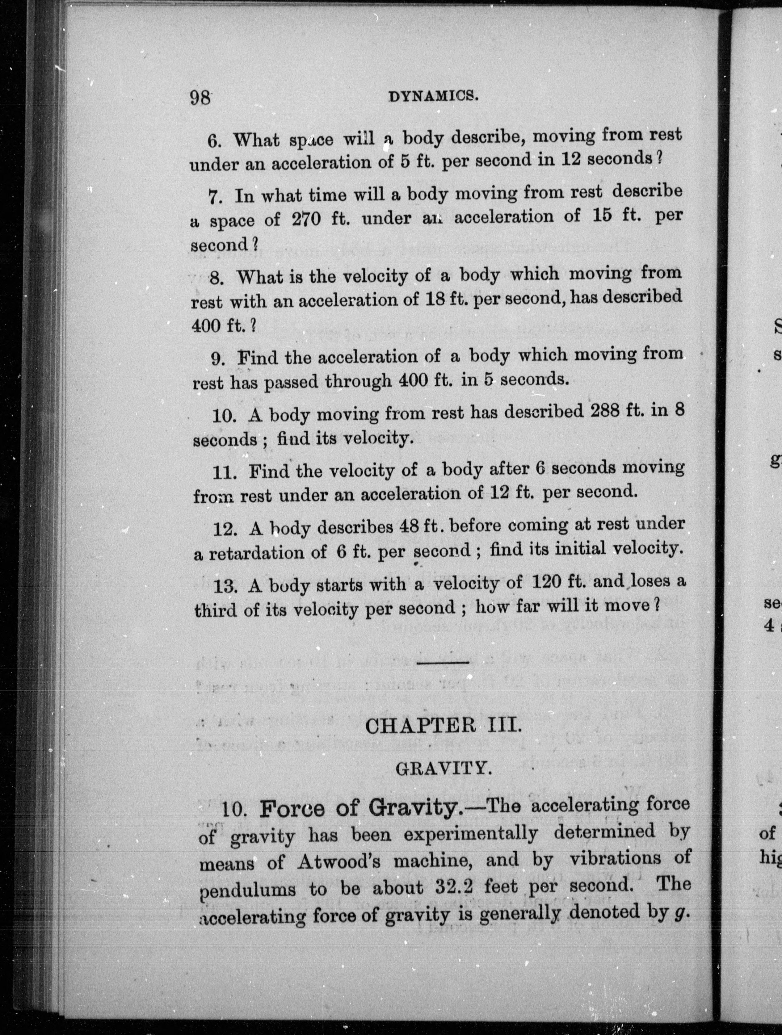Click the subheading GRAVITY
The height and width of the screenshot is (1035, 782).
(443, 770)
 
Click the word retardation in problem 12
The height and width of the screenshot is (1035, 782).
(267, 554)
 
